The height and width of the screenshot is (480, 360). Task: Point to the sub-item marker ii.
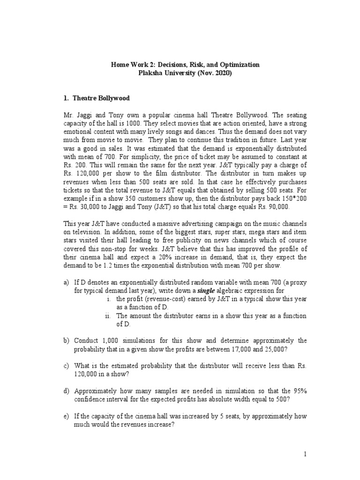107,315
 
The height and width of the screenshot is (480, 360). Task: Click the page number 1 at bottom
305,454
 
